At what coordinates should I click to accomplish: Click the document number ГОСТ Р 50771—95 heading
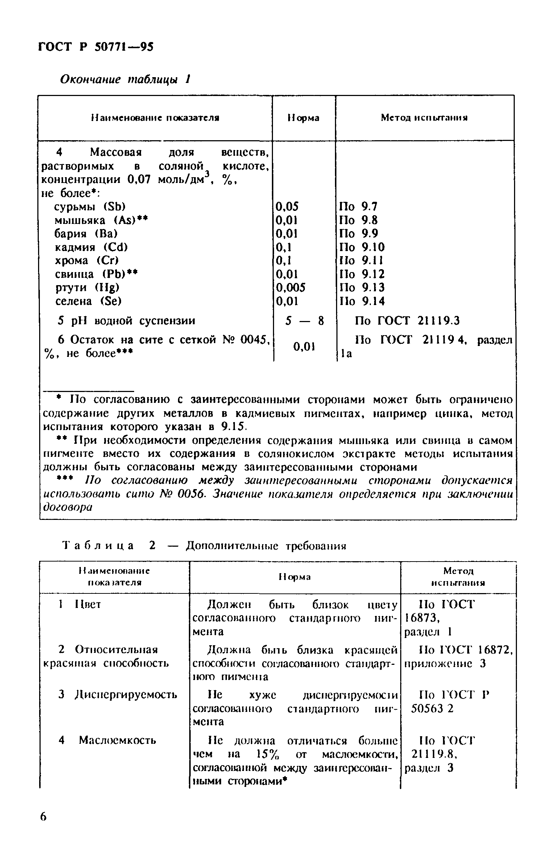click(96, 47)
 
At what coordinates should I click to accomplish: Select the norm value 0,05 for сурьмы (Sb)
click(287, 207)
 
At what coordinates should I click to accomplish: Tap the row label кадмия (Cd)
click(91, 247)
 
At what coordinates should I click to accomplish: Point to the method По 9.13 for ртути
click(361, 288)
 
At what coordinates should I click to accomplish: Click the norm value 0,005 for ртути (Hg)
click(291, 288)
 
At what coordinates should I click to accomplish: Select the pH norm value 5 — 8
click(304, 321)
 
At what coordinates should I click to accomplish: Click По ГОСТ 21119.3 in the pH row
click(407, 321)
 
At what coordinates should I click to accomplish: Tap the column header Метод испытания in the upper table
click(424, 118)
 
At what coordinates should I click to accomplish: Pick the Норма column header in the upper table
click(303, 118)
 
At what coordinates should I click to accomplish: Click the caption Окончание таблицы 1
click(125, 79)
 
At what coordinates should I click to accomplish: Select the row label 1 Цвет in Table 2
click(80, 604)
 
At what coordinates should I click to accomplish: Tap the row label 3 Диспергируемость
click(118, 695)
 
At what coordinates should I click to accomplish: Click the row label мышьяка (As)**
click(102, 220)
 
